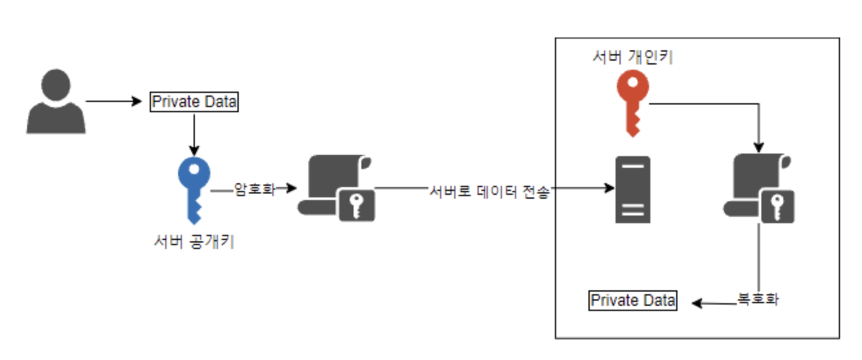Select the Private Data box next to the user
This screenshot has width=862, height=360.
194,102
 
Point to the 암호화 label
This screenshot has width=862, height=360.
254,189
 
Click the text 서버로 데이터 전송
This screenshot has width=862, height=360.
489,192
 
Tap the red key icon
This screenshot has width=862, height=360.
632,103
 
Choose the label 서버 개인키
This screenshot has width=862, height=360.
633,58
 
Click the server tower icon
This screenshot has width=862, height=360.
632,189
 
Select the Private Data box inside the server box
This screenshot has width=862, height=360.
633,301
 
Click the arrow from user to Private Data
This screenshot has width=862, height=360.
114,101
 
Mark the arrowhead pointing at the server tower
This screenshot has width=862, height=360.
608,189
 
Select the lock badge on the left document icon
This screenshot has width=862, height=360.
356,205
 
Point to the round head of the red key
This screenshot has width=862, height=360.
632,87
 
